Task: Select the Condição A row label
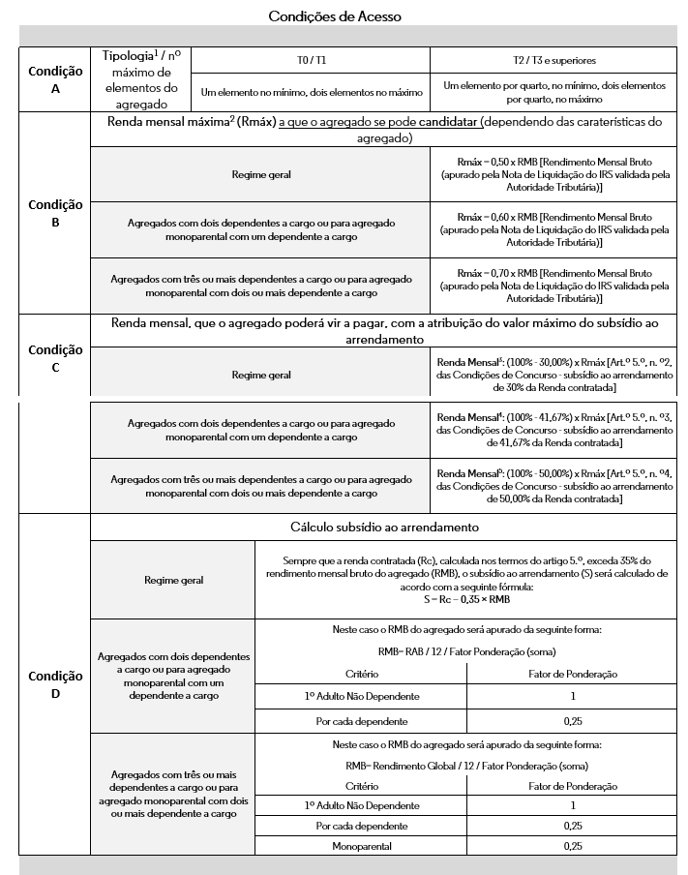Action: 55,79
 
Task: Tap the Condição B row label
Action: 55,213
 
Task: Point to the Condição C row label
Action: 55,358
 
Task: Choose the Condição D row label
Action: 55,683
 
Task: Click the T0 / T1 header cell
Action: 311,59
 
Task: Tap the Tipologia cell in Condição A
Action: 140,79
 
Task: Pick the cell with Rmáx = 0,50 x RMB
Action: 553,174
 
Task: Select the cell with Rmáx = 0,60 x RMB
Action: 553,229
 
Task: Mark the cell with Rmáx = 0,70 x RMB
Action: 553,285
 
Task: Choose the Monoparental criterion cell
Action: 361,845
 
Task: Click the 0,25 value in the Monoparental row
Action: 573,845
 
